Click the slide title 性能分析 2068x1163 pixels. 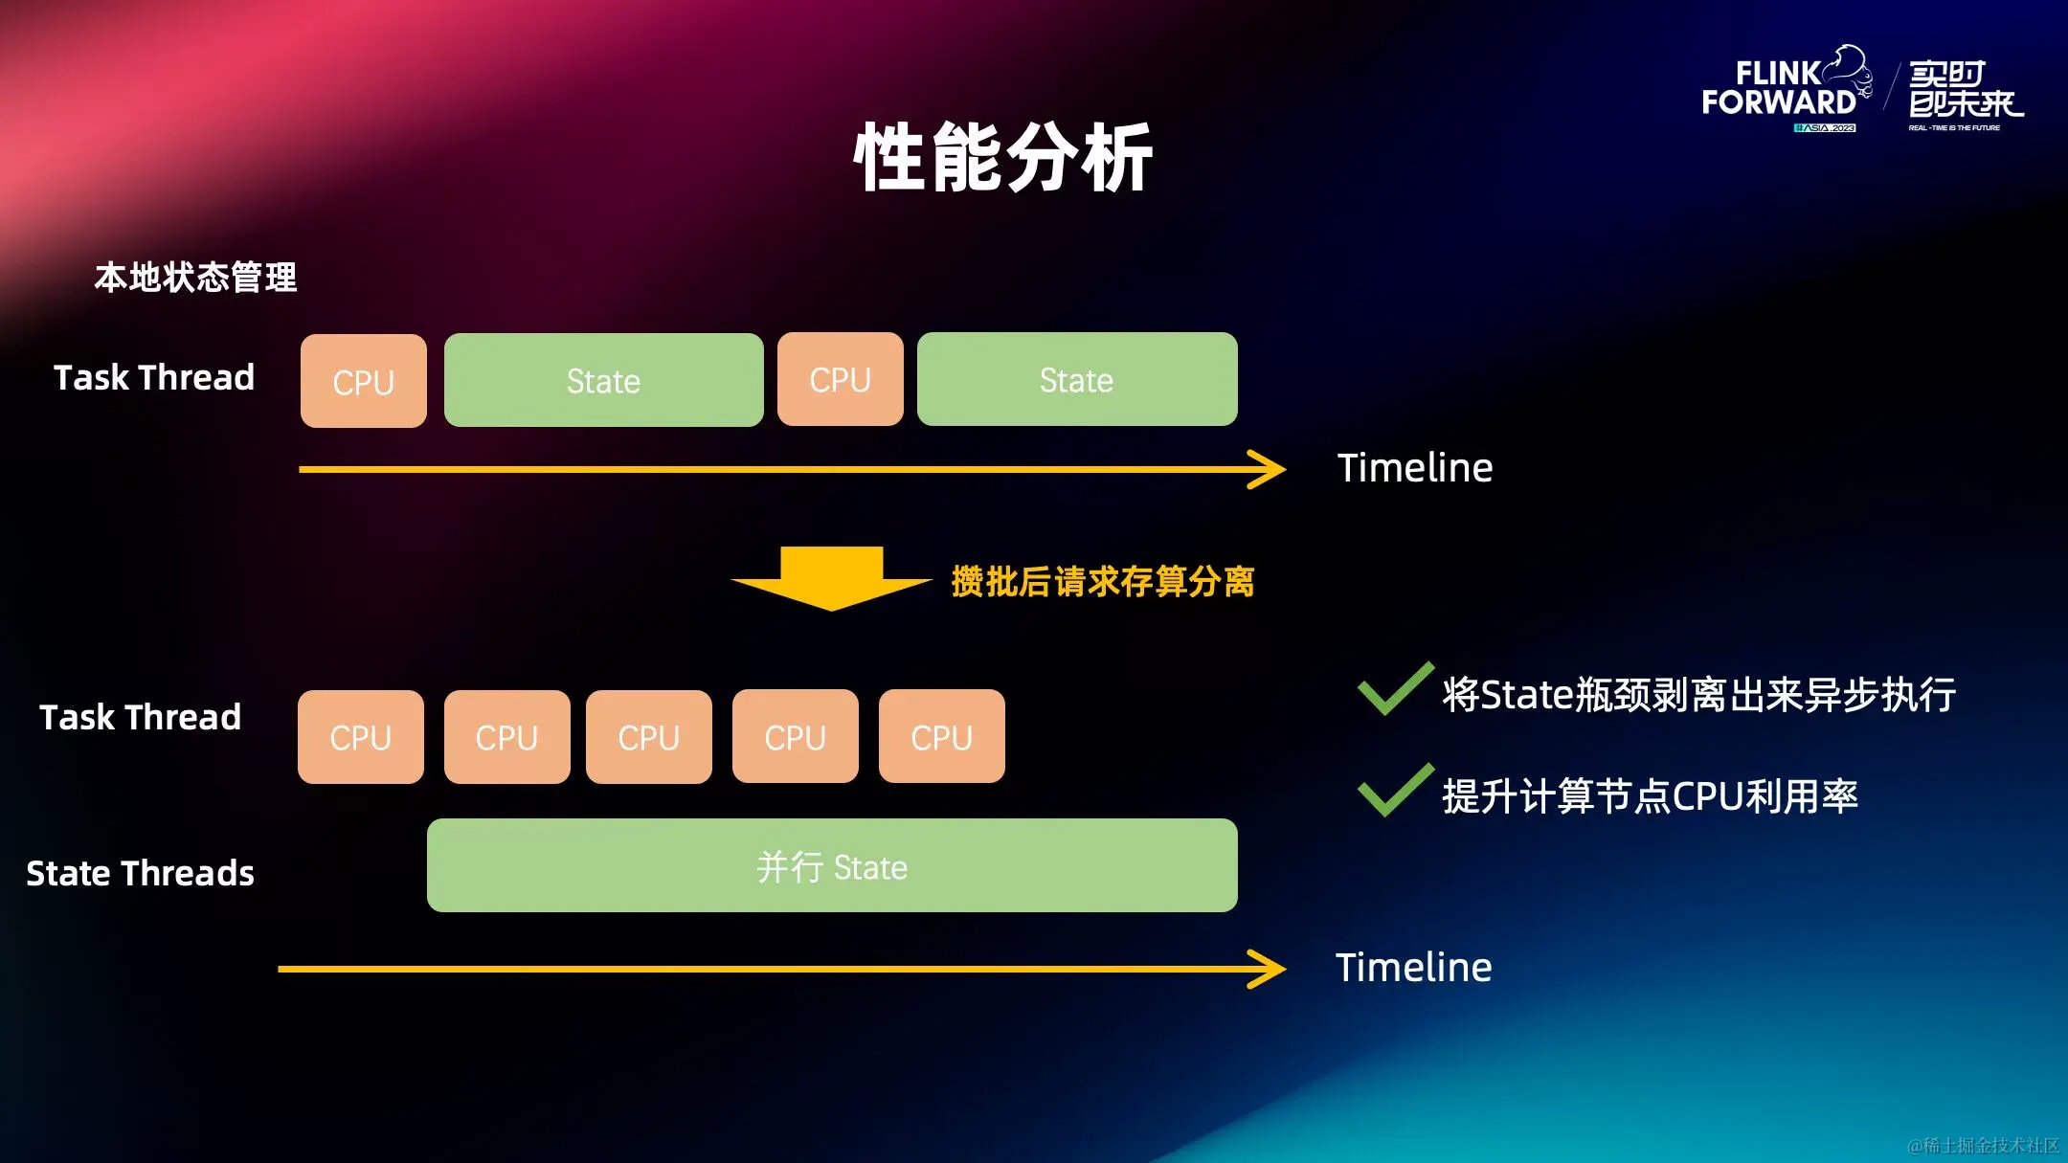(x=1002, y=158)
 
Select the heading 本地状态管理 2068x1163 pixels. (x=195, y=278)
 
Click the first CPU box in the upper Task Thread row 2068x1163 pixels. (x=364, y=381)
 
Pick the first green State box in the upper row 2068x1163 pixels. (x=603, y=380)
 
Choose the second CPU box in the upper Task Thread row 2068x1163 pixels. (x=840, y=379)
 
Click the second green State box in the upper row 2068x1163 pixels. (x=1076, y=379)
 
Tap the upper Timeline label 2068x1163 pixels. (x=1414, y=468)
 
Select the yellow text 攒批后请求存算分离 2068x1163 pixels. (x=1103, y=581)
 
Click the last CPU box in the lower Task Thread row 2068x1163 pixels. (x=941, y=737)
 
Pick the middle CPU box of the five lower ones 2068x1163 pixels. (x=648, y=737)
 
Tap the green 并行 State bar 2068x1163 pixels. (x=831, y=865)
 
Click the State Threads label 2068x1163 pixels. (x=140, y=873)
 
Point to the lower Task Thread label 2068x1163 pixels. (x=140, y=717)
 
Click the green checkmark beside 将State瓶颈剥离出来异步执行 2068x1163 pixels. (x=1394, y=690)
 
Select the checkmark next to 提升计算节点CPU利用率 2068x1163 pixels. (x=1394, y=792)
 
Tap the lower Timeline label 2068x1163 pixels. (x=1413, y=968)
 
